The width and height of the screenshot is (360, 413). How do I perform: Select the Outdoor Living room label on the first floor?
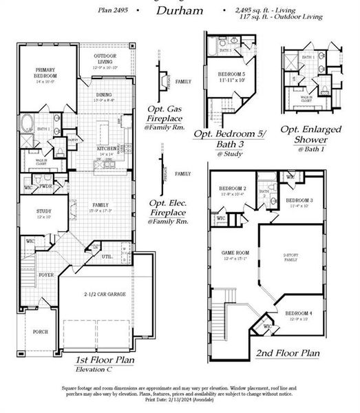click(105, 59)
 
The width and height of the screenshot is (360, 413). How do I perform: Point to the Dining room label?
click(104, 96)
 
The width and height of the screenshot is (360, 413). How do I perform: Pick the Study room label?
click(34, 213)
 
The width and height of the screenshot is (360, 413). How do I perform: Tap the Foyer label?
click(46, 274)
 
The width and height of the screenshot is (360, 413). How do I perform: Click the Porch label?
click(41, 332)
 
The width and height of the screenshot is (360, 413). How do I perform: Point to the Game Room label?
click(231, 253)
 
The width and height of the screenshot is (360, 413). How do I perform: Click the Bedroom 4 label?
click(299, 315)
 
